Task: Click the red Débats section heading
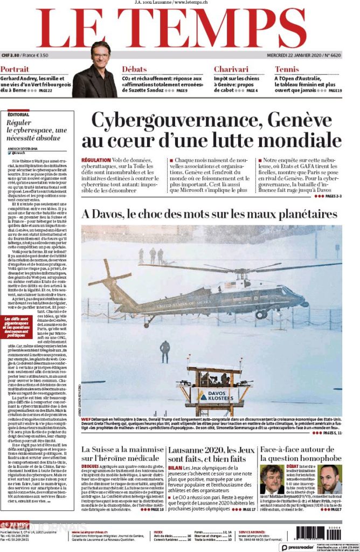point(134,70)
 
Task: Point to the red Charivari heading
point(231,70)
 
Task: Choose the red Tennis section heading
point(287,70)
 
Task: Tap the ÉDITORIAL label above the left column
point(19,114)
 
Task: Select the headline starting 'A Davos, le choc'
point(209,214)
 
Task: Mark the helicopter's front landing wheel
point(261,314)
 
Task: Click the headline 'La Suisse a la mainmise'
point(122,449)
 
